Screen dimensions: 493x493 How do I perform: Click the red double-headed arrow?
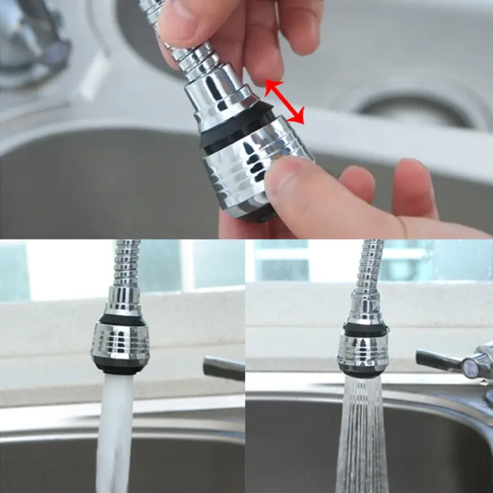pyautogui.click(x=285, y=102)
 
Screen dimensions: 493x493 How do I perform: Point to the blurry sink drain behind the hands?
pyautogui.click(x=407, y=105)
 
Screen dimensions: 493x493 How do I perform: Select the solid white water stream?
pyautogui.click(x=115, y=431)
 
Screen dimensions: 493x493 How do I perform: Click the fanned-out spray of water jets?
pyautogui.click(x=362, y=438)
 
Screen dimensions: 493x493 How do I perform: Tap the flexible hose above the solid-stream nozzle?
pyautogui.click(x=126, y=265)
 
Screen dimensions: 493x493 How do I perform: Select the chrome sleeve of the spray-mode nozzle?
pyautogui.click(x=363, y=351)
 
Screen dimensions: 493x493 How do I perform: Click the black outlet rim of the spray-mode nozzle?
pyautogui.click(x=362, y=373)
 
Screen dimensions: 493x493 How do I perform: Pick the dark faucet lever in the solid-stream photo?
pyautogui.click(x=224, y=369)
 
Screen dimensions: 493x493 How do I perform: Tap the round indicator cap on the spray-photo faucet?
pyautogui.click(x=470, y=369)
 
